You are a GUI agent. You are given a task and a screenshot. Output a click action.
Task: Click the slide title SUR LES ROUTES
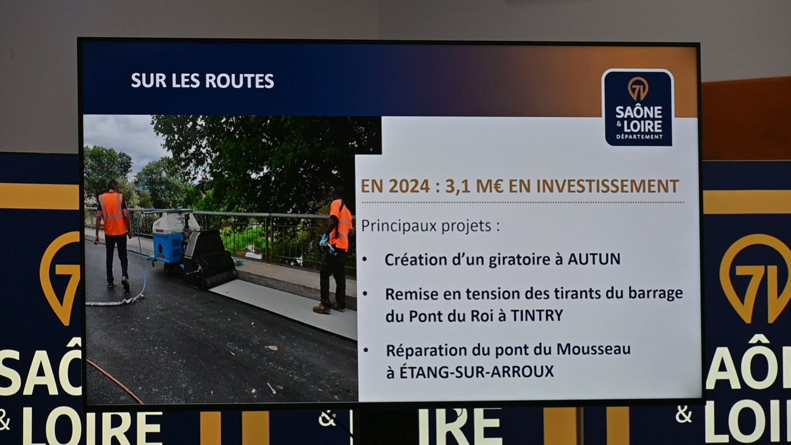203,80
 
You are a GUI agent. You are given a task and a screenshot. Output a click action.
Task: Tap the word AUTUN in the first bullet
594,259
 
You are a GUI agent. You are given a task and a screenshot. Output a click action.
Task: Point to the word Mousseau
594,349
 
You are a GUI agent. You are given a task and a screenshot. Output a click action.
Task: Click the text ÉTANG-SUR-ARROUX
470,371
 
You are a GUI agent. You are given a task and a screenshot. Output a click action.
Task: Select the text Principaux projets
426,226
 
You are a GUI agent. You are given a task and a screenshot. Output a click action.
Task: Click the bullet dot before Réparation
366,350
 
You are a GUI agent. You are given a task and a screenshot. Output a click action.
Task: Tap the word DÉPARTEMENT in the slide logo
639,137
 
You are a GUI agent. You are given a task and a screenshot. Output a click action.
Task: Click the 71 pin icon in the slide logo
638,88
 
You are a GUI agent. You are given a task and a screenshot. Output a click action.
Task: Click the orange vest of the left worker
113,213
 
